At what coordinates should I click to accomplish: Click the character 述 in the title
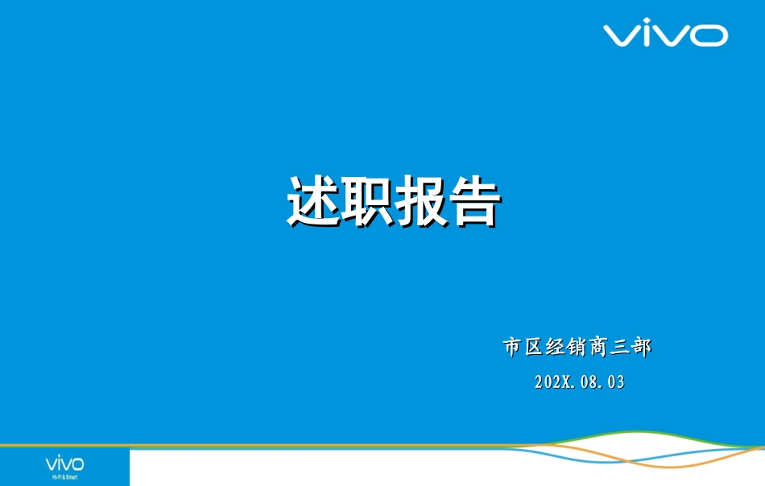tap(313, 201)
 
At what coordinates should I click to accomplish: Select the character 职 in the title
tap(366, 201)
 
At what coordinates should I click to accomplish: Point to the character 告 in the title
tap(473, 201)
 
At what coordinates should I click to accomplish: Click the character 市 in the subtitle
tap(512, 348)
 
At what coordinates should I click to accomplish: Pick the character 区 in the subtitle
tap(534, 348)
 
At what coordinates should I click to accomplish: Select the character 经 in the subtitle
tap(556, 348)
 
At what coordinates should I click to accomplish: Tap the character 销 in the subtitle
tap(577, 348)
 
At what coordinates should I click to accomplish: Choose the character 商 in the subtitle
tap(599, 348)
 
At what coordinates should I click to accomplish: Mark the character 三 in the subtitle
tap(621, 348)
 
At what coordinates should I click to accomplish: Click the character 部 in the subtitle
tap(642, 348)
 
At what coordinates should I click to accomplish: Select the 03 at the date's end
tap(615, 382)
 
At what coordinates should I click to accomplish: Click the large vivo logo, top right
tap(665, 35)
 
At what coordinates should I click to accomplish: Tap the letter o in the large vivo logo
tap(710, 35)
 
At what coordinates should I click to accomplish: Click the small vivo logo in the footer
tap(64, 463)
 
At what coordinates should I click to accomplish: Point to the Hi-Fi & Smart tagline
tap(64, 477)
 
